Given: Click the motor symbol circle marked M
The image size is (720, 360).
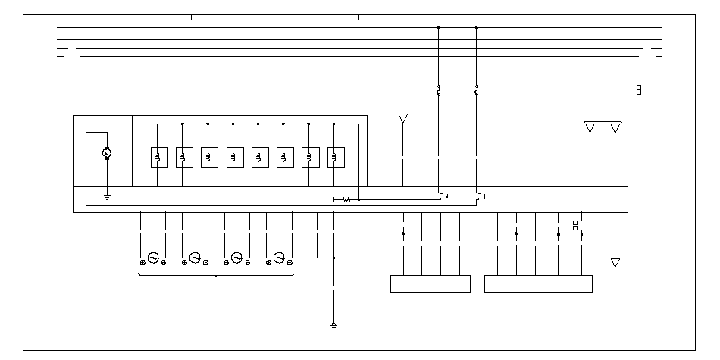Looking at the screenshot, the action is coord(107,154).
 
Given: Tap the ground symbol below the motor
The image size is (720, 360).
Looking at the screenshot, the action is coord(107,198).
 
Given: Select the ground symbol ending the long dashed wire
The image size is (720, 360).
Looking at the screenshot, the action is coord(333,327).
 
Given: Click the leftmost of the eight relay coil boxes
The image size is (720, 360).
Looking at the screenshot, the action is coord(158,157).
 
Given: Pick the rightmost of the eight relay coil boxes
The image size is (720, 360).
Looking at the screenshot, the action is coord(334,157).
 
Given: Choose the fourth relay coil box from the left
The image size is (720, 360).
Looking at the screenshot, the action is coord(233,157).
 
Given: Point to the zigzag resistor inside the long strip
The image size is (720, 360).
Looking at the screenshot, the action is coord(347,199).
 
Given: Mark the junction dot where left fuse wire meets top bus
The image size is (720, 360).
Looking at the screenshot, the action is coord(438,27).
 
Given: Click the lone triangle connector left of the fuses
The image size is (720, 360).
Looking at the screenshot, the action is coord(402,119).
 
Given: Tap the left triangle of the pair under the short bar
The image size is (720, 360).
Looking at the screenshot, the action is coord(590,127).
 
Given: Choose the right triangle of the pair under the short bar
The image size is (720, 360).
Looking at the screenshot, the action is coord(615,127).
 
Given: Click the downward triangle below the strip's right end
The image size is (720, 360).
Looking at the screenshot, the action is coord(615,262).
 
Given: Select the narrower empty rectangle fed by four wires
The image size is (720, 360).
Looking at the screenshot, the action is coord(430,283).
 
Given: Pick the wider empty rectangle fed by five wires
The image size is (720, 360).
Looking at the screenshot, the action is coord(538,283).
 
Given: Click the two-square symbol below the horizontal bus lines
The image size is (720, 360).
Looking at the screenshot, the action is coord(639,90).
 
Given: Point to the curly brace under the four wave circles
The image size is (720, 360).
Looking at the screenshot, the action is coord(217,276).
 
